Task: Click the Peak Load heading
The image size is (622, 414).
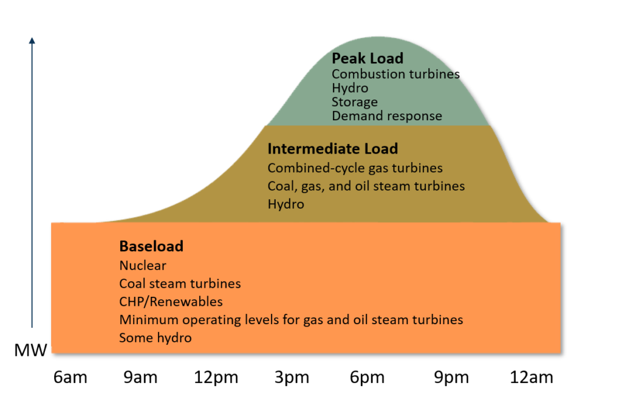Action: point(367,58)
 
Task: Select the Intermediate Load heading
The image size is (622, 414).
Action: point(332,149)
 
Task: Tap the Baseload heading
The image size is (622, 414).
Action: point(151,246)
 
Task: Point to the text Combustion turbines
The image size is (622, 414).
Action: point(395,74)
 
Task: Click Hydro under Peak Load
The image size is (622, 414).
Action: point(350,88)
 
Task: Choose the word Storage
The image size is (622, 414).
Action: point(355,102)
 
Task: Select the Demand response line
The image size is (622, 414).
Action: point(386,116)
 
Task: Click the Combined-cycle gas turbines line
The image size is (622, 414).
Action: point(355,168)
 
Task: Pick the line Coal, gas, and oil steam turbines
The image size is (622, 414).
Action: point(366,186)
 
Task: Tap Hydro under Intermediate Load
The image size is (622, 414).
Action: point(285,204)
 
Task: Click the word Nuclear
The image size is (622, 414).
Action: point(143,265)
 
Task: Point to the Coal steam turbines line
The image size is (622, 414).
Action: point(180,283)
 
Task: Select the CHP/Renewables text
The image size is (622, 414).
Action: point(171,302)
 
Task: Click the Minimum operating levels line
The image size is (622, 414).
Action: point(291,319)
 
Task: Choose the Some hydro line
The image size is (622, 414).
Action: point(155,338)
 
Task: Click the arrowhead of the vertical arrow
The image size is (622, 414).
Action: point(32,41)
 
